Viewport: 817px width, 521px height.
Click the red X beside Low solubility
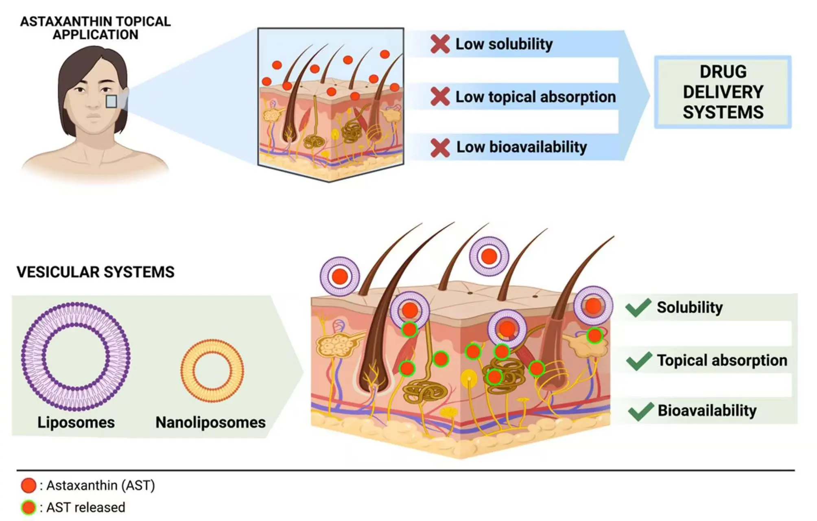(440, 44)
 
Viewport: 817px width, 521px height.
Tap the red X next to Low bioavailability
(440, 148)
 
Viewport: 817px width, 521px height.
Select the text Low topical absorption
(535, 97)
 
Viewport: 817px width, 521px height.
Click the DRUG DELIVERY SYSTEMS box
(723, 92)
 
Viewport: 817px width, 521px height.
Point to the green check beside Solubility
(638, 308)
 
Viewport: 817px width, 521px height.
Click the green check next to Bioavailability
(640, 411)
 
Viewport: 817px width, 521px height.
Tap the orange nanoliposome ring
(212, 370)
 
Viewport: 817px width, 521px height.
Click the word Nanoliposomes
(210, 422)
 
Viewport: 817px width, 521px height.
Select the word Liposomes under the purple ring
(76, 422)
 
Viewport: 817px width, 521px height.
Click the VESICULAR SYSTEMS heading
(95, 272)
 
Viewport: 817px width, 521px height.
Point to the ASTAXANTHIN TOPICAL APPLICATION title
(95, 28)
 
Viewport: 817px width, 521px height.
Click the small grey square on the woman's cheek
(111, 101)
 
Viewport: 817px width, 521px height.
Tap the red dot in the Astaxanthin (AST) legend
(28, 486)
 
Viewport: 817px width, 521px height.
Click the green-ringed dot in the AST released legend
(28, 508)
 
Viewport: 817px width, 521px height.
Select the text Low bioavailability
(521, 147)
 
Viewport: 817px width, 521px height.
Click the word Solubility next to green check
(690, 307)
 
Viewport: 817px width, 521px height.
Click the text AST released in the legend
(85, 508)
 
